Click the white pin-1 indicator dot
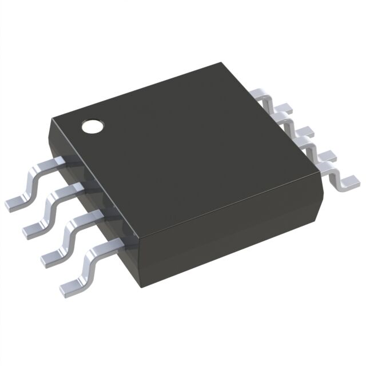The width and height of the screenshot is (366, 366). point(92,126)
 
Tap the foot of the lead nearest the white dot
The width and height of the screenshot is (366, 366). point(15,204)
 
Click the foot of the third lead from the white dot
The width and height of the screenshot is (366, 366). point(52,256)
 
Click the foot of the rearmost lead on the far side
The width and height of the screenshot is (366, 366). point(285,106)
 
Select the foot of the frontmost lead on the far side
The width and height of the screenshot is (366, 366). point(348,182)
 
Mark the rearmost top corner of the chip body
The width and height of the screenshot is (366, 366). point(220,64)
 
